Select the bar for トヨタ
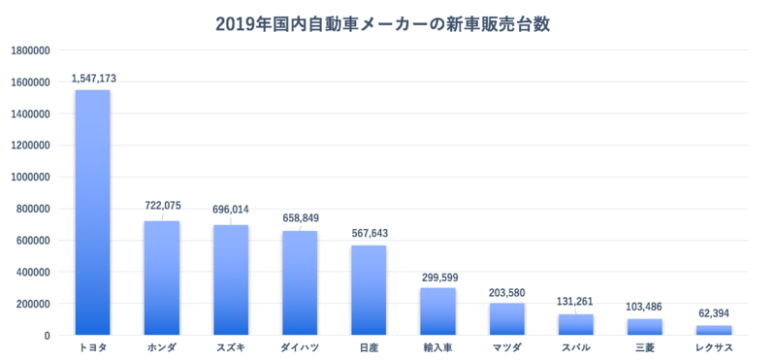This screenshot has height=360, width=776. (92, 213)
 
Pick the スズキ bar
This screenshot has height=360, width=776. (230, 280)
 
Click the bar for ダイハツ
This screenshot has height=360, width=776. (300, 283)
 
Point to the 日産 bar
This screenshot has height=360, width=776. (369, 290)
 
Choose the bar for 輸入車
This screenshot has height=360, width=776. (437, 311)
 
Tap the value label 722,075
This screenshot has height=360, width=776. (163, 206)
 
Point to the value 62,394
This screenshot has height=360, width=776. (715, 314)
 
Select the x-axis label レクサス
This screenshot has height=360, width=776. (714, 346)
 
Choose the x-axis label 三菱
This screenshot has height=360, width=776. (645, 346)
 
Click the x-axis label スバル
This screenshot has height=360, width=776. (576, 346)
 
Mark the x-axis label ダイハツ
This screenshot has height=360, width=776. (300, 346)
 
